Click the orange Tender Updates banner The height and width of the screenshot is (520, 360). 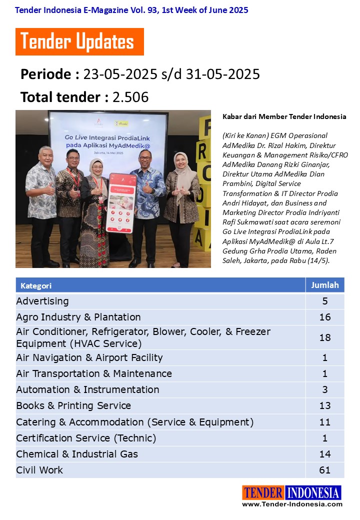tap(79, 41)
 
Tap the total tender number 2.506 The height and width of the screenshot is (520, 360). tap(130, 97)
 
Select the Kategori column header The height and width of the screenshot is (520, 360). tap(36, 286)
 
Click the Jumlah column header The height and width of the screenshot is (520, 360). tap(325, 285)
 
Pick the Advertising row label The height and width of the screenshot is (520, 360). tap(42, 301)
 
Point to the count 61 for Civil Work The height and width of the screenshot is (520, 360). tap(325, 470)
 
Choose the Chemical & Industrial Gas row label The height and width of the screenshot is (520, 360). tap(77, 454)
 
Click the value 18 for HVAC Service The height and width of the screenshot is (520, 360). tap(325, 337)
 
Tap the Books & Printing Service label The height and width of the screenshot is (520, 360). tap(73, 405)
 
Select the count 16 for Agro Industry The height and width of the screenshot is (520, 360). tap(325, 317)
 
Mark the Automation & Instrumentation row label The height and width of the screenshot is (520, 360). tap(87, 389)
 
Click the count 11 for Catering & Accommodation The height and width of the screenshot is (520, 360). tap(325, 422)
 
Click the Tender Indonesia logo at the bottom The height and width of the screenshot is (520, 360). tap(292, 492)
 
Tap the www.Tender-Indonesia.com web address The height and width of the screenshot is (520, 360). tap(292, 504)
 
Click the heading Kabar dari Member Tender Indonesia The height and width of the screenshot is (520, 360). tap(284, 116)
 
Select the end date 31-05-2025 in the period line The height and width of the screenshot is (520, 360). tap(223, 74)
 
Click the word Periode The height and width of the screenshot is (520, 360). tap(46, 74)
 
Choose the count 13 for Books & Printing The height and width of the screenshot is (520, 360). tap(325, 405)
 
